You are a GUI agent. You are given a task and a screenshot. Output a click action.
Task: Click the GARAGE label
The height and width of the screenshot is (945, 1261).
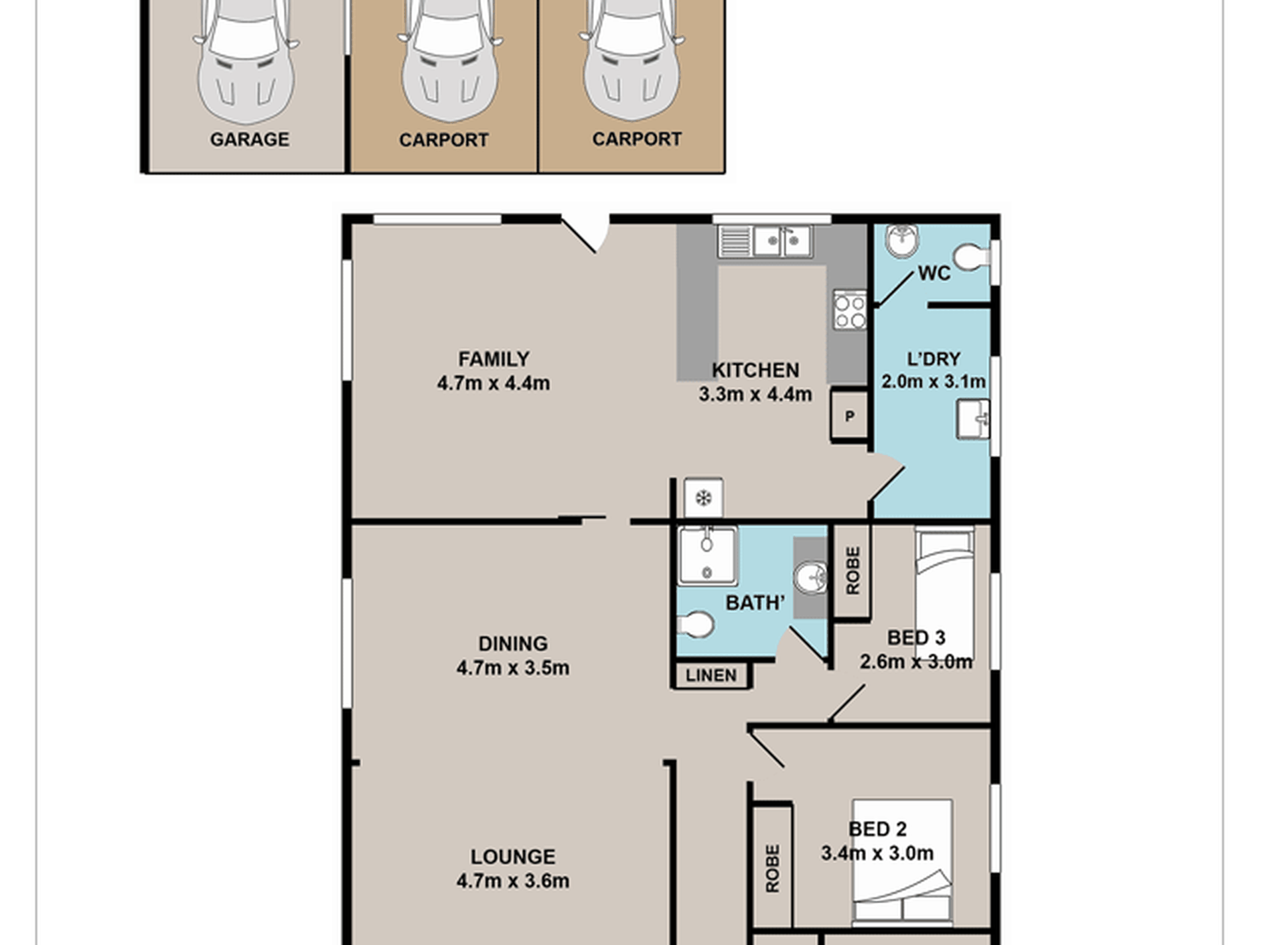point(250,139)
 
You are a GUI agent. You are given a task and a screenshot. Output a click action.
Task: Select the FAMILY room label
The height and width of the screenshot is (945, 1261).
point(494,359)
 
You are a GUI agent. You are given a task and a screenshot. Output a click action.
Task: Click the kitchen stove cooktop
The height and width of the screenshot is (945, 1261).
point(850,310)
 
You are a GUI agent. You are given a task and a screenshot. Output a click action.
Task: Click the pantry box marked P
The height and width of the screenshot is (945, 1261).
point(850,416)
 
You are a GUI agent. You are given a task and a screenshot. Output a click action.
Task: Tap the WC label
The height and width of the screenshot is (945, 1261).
point(934,273)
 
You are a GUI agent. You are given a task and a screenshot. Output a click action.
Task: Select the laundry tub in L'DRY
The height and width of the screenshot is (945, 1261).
point(973,419)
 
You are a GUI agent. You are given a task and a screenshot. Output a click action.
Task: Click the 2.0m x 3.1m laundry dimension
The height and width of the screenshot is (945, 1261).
point(933,382)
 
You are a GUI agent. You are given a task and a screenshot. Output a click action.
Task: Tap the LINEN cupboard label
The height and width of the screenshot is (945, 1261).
point(711,676)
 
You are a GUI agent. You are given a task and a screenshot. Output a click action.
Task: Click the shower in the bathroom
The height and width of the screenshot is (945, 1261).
point(707,556)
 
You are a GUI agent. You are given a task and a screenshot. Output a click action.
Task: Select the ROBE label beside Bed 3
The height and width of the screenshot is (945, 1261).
point(853,570)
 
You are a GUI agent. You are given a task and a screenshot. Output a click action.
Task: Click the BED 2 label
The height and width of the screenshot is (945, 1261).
point(877,829)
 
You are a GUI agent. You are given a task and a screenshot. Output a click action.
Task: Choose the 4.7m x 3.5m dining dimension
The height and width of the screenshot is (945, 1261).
point(513,668)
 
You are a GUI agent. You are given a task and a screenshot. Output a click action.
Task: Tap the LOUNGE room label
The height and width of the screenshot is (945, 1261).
point(513,857)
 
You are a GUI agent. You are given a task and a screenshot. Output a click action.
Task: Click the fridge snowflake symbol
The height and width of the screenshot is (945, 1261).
point(704,497)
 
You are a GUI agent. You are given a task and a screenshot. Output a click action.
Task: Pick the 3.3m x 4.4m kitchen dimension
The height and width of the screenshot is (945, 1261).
point(755,395)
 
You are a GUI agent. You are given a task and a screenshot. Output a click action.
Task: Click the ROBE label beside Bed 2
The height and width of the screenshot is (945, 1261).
point(773,869)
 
